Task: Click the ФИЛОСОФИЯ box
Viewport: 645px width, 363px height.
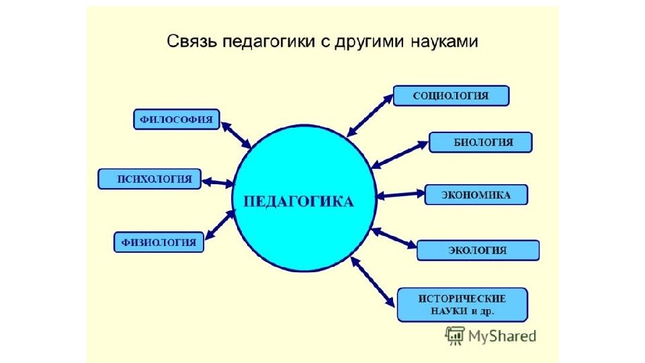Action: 177,120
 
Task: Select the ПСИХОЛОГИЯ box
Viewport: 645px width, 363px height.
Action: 149,179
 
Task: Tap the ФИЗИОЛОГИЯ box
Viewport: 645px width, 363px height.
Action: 159,242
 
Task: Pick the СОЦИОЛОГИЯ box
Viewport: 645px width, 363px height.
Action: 451,95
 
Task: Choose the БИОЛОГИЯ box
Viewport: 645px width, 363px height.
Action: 480,143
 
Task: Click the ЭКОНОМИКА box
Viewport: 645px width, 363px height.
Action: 476,195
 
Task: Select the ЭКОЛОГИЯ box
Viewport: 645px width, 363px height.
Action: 478,250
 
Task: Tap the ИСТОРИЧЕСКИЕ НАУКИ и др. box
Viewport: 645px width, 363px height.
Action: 462,305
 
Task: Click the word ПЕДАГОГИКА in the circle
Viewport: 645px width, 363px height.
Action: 298,202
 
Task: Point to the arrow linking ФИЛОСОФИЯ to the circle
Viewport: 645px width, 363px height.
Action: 236,134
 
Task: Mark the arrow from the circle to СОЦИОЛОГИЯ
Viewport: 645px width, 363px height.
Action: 369,115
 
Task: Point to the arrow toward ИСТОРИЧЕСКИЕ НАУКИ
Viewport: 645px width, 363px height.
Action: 373,282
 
